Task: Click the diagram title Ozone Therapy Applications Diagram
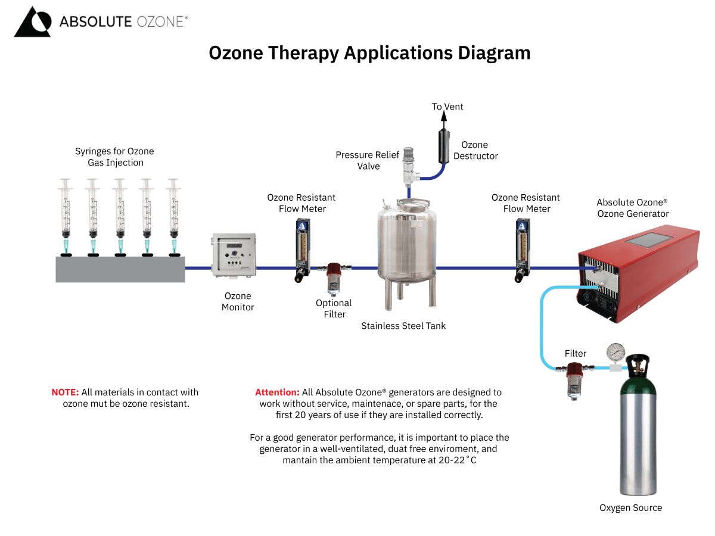point(369,53)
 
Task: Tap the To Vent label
point(447,107)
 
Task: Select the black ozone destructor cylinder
point(443,145)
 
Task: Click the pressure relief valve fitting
point(409,167)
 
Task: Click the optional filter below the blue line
point(333,278)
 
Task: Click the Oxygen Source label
point(630,508)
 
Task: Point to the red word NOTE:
point(65,392)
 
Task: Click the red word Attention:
point(277,392)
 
